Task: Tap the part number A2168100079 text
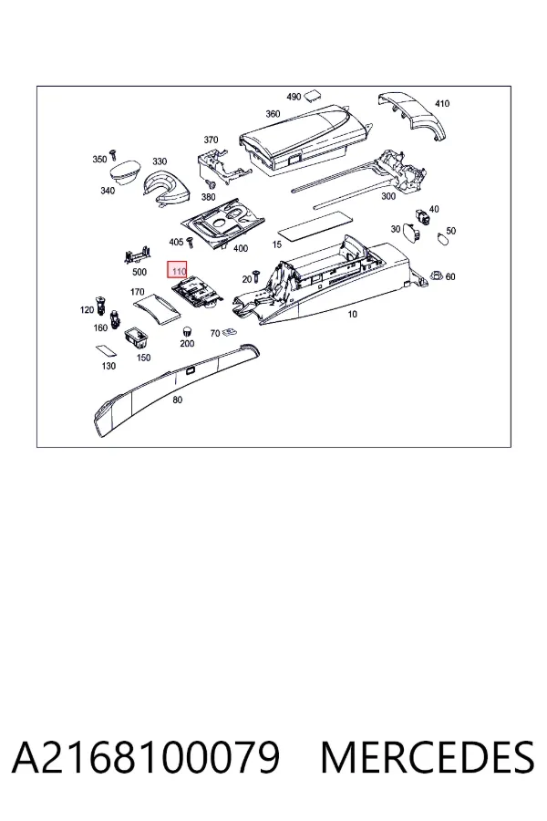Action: pos(146,758)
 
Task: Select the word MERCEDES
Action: pos(428,758)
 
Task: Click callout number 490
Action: pos(294,97)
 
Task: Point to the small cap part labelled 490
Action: pos(313,95)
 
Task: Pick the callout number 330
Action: pos(160,161)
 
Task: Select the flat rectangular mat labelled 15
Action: pos(315,223)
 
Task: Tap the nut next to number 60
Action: pos(435,275)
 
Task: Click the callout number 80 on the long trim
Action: pos(178,400)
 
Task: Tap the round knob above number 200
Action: pos(186,331)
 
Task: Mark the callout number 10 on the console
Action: pos(352,314)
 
